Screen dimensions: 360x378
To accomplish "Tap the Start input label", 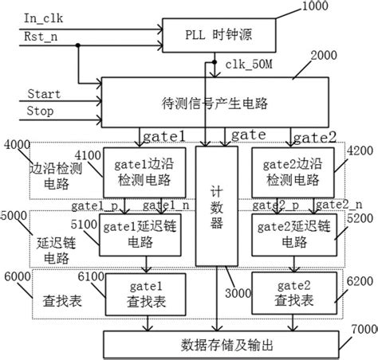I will coord(44,93).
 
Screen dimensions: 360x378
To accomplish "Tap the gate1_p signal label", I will coord(89,205).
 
